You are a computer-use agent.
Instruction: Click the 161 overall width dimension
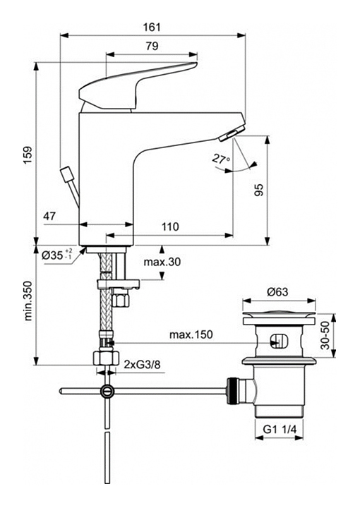point(152,27)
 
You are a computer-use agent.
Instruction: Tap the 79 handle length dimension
point(152,46)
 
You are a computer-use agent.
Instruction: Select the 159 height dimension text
point(28,155)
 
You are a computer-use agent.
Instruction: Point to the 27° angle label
point(221,159)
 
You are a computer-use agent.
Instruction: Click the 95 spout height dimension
point(259,190)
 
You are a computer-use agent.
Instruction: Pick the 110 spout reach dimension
point(170,226)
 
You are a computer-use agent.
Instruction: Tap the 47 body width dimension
point(49,216)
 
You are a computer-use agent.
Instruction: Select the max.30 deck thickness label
point(162,262)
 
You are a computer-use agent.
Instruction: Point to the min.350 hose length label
point(28,301)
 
